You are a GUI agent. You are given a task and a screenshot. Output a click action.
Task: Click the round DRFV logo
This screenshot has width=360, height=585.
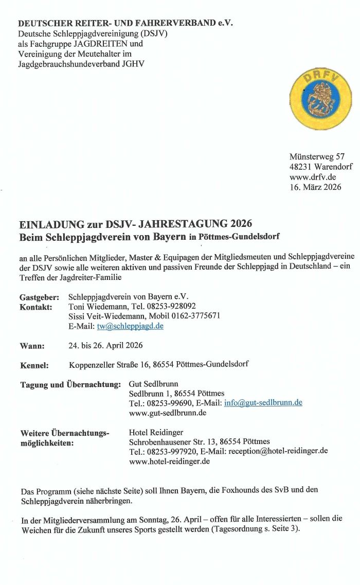click(320, 98)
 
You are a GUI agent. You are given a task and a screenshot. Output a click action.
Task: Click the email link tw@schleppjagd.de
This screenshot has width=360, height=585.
click(130, 326)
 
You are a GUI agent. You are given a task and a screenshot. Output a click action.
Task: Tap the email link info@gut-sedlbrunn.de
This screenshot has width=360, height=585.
click(263, 403)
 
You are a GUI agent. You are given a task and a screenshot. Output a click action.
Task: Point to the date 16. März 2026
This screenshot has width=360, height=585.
click(315, 187)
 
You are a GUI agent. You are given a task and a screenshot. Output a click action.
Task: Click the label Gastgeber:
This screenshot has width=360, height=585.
click(40, 297)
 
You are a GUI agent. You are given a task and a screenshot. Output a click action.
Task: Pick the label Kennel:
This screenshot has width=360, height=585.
click(34, 365)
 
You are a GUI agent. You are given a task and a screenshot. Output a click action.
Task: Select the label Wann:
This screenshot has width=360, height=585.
click(32, 346)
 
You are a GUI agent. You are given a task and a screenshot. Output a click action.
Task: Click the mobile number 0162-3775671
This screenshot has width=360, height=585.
click(196, 316)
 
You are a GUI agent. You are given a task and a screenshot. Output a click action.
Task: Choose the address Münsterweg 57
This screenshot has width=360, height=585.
click(317, 156)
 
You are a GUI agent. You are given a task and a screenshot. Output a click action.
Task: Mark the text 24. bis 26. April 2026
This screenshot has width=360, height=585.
click(105, 345)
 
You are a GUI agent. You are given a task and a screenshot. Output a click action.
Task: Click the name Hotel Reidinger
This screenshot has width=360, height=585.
click(156, 432)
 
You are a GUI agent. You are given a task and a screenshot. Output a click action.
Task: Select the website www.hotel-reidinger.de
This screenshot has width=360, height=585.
click(169, 462)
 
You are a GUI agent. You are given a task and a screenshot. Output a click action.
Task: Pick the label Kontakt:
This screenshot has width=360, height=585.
click(36, 307)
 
